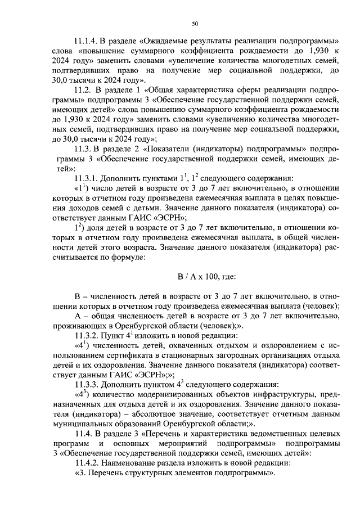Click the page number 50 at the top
(195, 24)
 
